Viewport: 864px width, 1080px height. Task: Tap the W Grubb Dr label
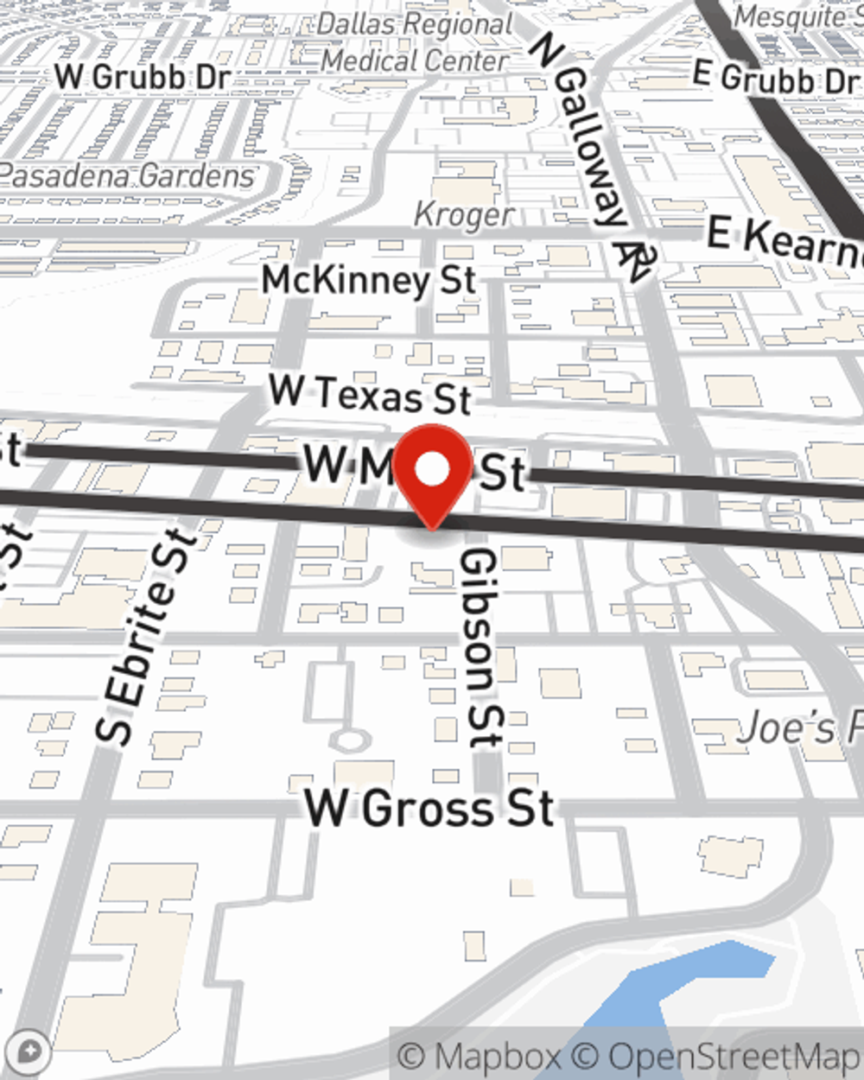click(x=143, y=76)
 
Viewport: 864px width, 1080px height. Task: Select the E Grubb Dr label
click(x=776, y=79)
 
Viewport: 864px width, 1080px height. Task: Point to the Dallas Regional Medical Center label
click(x=415, y=42)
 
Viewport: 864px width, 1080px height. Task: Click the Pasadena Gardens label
click(x=128, y=176)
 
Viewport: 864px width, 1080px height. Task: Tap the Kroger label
click(x=464, y=214)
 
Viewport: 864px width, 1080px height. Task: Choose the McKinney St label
click(x=369, y=280)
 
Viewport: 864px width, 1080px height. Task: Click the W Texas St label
click(x=370, y=394)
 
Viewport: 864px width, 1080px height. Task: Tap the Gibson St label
click(x=480, y=648)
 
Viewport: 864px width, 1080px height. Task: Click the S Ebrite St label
click(x=146, y=638)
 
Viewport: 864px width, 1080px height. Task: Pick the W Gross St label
click(x=429, y=809)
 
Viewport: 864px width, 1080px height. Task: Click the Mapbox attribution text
click(x=480, y=1056)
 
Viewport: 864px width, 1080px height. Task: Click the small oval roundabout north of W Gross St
click(x=351, y=740)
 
